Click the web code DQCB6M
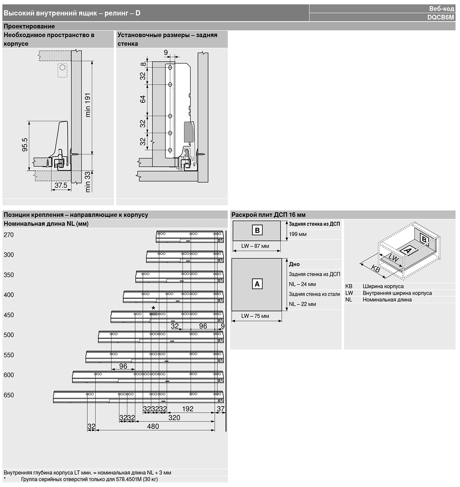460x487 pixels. [x=441, y=17]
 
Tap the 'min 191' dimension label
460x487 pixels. [x=88, y=105]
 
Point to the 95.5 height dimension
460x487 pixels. [x=25, y=145]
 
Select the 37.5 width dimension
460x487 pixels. [x=61, y=185]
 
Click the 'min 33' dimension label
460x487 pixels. [x=88, y=182]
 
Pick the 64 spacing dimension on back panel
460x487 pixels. [x=143, y=99]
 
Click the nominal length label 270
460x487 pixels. [x=8, y=235]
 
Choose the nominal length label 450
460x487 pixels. [x=8, y=315]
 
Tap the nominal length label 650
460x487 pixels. [x=8, y=395]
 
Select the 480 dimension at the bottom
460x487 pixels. [x=153, y=426]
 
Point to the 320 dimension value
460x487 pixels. [x=174, y=418]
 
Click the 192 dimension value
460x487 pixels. [x=188, y=409]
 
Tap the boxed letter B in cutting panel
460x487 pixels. [x=257, y=230]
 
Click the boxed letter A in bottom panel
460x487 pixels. [x=257, y=284]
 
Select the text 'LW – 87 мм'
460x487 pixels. [x=255, y=246]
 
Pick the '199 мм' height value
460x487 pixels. [x=298, y=234]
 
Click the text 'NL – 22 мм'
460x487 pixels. [x=302, y=304]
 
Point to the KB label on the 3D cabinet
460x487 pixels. [x=375, y=268]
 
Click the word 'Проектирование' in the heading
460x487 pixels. [x=29, y=26]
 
